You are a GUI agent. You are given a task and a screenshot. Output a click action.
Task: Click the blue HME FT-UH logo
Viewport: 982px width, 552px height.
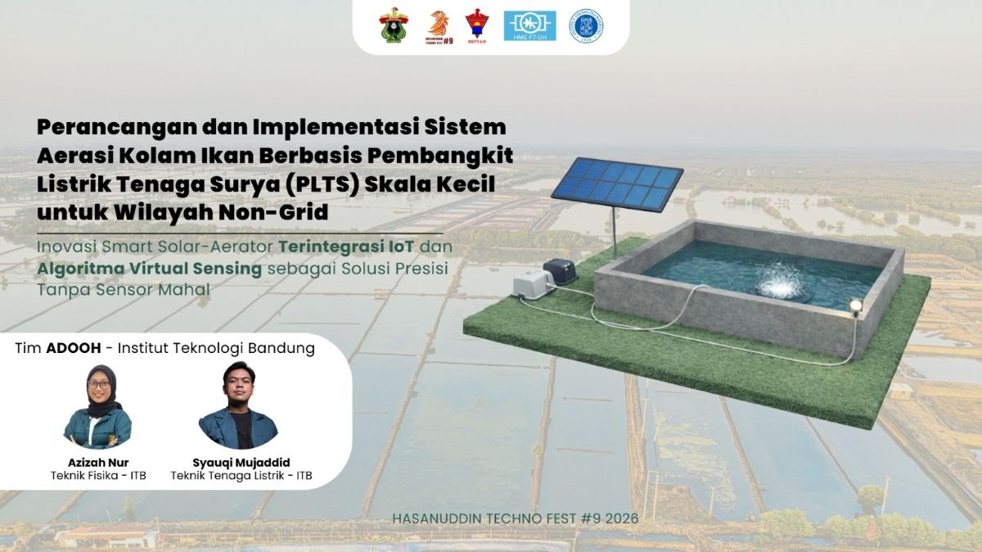[529, 26]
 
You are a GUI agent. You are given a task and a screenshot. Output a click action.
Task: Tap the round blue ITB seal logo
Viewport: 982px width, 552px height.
[586, 26]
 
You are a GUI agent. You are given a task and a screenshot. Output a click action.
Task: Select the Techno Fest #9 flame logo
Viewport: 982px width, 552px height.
[439, 27]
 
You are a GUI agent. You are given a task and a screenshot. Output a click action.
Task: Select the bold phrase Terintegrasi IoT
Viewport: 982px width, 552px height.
[346, 247]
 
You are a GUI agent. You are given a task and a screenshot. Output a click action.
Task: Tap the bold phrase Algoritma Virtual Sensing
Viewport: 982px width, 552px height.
[150, 269]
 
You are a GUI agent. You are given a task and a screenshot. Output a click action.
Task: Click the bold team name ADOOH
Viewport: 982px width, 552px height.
[74, 348]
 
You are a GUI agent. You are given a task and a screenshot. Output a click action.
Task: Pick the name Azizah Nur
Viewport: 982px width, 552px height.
[98, 463]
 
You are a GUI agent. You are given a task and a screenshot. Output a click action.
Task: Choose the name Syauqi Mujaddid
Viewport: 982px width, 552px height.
[241, 463]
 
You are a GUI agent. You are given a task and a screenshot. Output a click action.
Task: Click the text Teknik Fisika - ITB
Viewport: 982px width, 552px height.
[98, 476]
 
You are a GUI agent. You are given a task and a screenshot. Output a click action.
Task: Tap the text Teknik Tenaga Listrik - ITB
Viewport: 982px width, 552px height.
[241, 476]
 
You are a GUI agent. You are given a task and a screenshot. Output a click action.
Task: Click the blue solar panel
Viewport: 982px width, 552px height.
[617, 183]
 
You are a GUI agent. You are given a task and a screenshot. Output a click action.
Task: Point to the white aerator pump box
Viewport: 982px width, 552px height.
[534, 285]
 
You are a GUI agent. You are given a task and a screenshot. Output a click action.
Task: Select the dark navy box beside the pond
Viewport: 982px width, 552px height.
[561, 271]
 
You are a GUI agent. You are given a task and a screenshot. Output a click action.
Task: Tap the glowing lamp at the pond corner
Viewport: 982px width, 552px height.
[855, 305]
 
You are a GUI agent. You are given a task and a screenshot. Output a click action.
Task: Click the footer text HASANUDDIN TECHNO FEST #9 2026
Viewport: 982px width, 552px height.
[515, 518]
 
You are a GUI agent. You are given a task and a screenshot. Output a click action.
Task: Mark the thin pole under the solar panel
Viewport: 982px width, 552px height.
[615, 232]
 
